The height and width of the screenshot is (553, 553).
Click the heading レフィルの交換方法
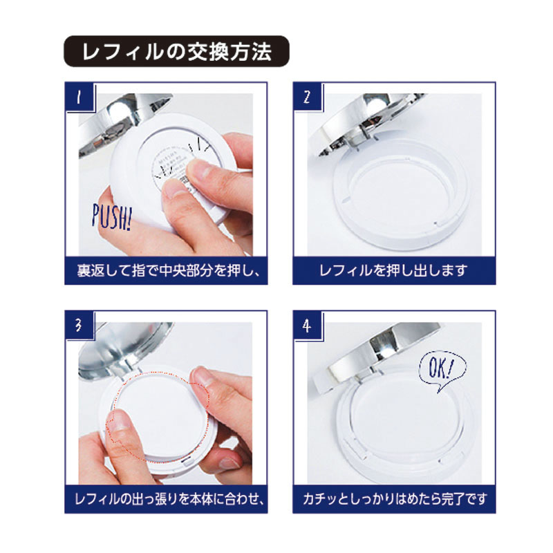(x=176, y=52)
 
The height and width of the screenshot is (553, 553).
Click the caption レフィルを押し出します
(x=393, y=270)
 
